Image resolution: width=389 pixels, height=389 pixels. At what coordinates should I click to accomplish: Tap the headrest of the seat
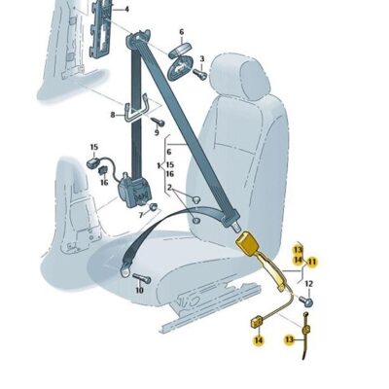pos(240,77)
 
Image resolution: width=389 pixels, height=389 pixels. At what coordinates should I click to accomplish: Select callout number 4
pos(126,9)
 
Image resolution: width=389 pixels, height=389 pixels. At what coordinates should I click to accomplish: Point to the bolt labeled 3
pos(199,74)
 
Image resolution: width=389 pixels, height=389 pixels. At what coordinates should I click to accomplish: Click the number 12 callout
pos(309,284)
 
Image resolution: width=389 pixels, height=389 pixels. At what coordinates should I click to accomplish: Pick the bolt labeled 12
pos(306,301)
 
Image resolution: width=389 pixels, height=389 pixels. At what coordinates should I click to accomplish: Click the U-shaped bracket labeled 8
pos(136,110)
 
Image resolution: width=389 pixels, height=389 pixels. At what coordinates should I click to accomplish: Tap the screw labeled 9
pos(158,123)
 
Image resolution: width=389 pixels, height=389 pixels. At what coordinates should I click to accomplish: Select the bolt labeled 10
pos(142,278)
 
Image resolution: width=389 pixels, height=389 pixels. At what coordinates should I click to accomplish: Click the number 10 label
pos(139,290)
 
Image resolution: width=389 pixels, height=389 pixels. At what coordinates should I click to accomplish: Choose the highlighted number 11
pos(312,262)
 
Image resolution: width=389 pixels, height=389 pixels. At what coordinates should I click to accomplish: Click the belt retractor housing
pos(133,192)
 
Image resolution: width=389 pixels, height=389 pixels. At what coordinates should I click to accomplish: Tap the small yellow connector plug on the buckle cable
pos(258,323)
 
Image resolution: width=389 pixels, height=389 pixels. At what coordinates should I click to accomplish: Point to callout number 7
pos(141,215)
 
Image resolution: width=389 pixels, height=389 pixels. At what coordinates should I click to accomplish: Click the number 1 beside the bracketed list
pos(159,166)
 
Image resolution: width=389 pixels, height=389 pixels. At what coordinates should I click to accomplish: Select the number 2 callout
pos(169,187)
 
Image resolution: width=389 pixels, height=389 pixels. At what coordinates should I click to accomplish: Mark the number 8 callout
pos(113,115)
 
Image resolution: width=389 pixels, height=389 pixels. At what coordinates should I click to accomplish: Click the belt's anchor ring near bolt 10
pos(124,270)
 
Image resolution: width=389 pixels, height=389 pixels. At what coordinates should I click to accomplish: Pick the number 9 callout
pos(157,132)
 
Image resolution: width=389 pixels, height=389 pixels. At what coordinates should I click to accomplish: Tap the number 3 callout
pos(202,59)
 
